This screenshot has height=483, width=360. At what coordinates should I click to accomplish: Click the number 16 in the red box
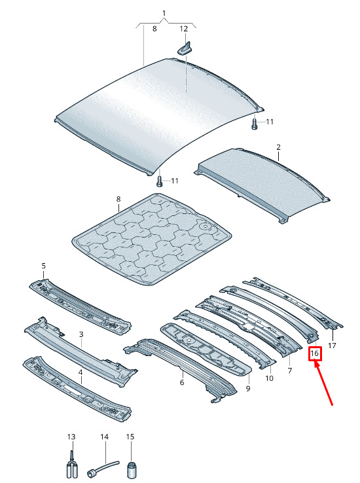(315, 353)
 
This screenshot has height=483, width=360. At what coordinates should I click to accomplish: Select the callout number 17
(332, 346)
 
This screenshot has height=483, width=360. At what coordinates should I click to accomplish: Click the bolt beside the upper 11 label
(255, 124)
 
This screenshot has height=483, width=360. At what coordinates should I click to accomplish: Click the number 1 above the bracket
(164, 13)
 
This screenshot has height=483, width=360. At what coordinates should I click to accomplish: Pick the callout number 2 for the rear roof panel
(278, 147)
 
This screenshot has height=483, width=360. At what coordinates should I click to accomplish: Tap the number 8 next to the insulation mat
(118, 200)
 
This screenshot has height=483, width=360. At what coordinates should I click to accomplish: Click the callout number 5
(43, 266)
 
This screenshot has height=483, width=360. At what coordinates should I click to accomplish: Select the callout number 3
(81, 334)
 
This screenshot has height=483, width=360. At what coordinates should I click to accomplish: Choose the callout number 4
(81, 373)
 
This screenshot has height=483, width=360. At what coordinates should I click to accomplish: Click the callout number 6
(182, 383)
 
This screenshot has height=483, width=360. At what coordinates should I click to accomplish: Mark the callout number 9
(248, 389)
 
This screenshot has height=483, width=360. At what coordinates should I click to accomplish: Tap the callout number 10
(269, 378)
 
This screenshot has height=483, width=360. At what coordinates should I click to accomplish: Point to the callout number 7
(289, 370)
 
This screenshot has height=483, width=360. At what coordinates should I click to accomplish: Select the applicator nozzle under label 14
(101, 467)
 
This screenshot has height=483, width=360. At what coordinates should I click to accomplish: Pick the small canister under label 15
(131, 469)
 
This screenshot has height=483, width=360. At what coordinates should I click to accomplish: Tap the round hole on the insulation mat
(204, 226)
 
